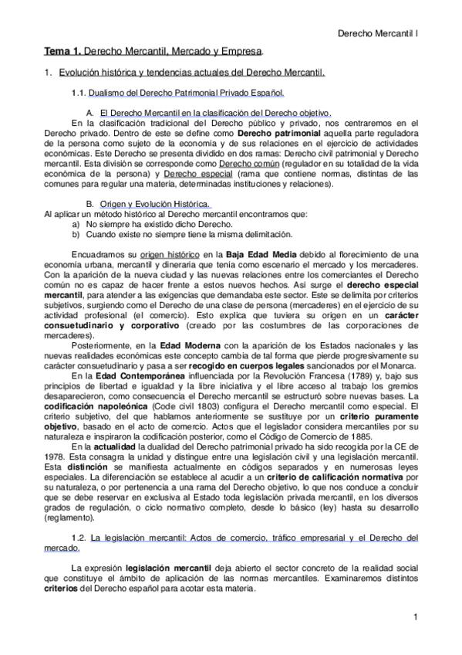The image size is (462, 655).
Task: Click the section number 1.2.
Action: (x=79, y=537)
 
